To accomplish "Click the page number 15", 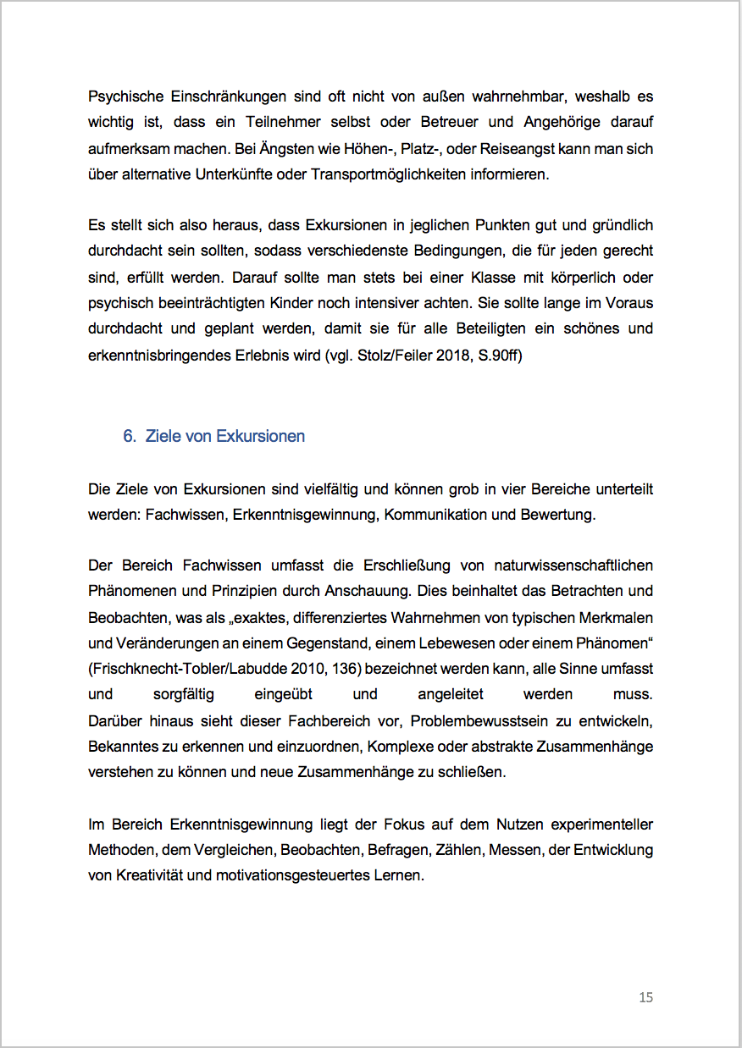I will [645, 997].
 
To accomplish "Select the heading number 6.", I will [129, 437].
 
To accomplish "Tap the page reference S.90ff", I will [501, 355].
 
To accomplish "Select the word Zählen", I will [451, 850].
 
